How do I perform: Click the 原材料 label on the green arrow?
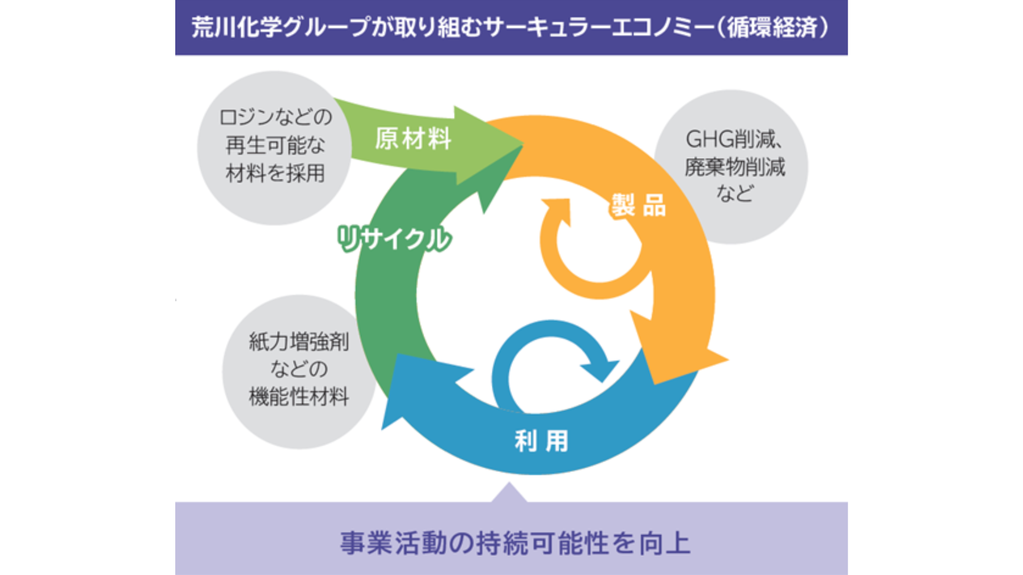[413, 139]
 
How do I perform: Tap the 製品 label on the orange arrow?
[638, 206]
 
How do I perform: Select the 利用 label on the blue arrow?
[541, 441]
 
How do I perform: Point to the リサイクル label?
[394, 239]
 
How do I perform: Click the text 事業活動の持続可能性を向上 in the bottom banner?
[515, 543]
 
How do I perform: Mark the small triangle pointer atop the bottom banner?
[509, 493]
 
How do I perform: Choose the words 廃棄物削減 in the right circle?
[735, 167]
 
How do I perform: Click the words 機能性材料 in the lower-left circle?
[299, 397]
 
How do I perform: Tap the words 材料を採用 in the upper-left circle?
[275, 173]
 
